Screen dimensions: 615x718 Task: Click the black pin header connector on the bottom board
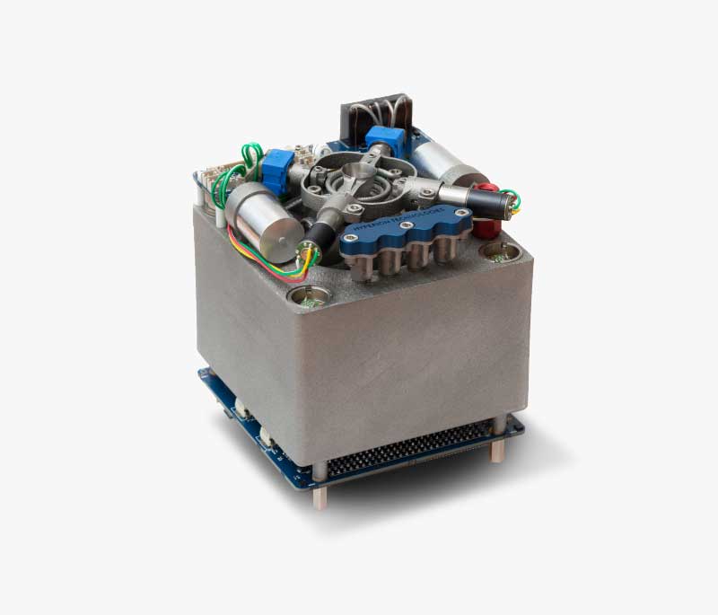(x=404, y=459)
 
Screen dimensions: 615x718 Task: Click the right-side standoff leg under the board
(x=495, y=448)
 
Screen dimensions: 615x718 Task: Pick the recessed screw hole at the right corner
(x=495, y=254)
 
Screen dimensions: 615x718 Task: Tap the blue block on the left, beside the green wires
(x=274, y=168)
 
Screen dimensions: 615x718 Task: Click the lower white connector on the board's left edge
(x=266, y=438)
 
